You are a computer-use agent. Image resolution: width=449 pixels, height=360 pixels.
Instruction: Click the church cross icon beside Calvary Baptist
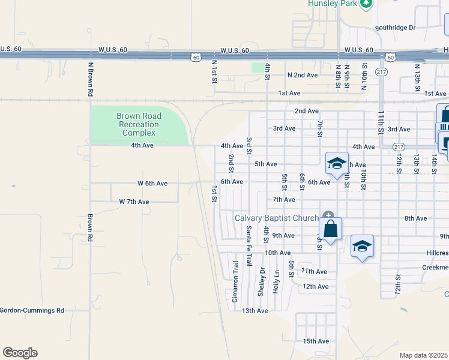point(328,215)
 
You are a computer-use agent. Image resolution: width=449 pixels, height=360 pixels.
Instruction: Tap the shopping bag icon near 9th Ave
point(330,229)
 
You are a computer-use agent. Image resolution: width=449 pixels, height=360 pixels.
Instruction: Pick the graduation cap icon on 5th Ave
point(337,163)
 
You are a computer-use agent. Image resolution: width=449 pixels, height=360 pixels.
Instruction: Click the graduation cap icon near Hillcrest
point(362,246)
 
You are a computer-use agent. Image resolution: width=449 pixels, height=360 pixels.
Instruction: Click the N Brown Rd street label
point(90,79)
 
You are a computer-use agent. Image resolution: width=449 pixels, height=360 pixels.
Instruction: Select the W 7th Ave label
point(134,202)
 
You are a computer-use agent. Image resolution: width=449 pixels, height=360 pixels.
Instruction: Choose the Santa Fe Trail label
point(249,246)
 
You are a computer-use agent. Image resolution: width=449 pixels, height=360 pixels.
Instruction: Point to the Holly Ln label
point(277,281)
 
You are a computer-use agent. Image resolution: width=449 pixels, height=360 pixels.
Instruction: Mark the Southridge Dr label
point(395,28)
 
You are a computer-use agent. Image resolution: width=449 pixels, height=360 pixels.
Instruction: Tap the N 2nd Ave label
point(302,75)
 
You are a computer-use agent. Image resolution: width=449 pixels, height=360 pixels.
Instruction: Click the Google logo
point(20,353)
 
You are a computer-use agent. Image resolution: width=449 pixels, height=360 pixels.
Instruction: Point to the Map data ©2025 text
point(423,355)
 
